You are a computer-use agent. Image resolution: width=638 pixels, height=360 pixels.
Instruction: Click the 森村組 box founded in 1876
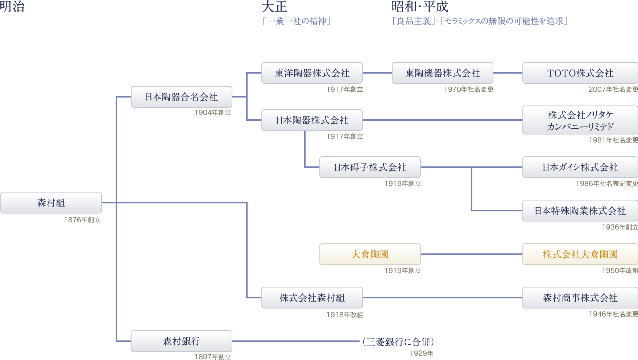click(51, 203)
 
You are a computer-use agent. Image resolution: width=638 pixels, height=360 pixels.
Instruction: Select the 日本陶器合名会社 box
click(181, 97)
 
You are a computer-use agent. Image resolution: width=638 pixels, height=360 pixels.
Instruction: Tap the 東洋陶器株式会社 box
click(312, 73)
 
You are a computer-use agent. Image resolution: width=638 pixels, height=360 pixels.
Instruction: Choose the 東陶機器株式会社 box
click(442, 73)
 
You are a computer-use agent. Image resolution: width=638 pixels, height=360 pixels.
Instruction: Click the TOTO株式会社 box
click(580, 73)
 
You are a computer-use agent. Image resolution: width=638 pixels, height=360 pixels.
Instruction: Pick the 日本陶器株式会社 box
click(312, 120)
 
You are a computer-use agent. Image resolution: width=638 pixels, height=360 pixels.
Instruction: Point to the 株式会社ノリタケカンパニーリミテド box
click(580, 120)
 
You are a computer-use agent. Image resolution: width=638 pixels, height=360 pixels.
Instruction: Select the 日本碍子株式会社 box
click(370, 167)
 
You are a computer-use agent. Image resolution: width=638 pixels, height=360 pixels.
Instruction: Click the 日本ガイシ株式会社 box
click(580, 167)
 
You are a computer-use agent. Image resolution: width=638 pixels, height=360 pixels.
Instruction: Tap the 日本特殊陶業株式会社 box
click(580, 211)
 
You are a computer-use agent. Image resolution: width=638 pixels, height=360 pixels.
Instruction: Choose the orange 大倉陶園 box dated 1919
click(370, 254)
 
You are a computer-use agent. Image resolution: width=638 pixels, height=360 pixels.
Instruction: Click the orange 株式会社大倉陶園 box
click(580, 254)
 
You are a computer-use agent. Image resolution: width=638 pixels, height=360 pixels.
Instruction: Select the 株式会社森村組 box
click(312, 298)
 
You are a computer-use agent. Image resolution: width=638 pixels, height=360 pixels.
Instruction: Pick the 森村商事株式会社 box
click(580, 298)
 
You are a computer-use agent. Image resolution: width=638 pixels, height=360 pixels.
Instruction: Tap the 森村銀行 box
click(181, 341)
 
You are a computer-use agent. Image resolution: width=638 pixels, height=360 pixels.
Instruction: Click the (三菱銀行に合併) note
click(398, 342)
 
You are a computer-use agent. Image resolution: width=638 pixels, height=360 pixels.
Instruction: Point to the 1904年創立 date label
click(213, 113)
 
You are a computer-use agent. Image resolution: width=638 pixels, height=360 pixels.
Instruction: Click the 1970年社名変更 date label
click(469, 90)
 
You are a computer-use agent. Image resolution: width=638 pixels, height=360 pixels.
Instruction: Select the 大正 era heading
click(274, 7)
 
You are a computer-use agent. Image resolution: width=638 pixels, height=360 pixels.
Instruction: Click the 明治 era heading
click(12, 7)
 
